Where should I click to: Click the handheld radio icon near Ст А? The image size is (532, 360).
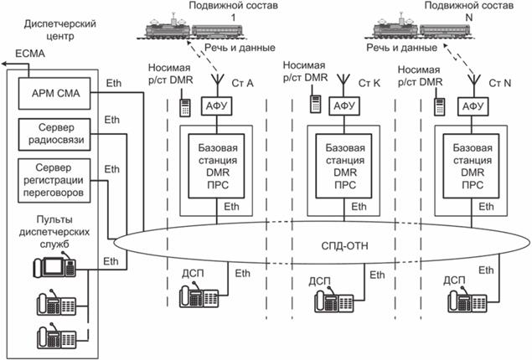[184, 107]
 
